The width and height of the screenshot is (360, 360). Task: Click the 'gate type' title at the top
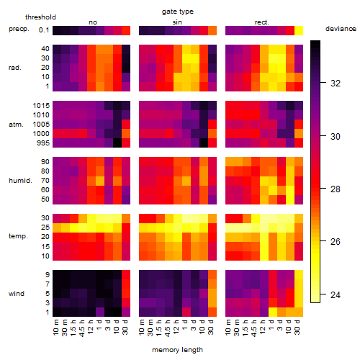coord(178,12)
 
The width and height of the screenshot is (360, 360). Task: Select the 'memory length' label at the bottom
coord(177,350)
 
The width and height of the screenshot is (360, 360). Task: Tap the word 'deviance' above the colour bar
coord(341,29)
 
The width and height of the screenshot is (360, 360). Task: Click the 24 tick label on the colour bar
coord(336,294)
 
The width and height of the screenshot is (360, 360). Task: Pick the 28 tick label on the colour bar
coord(336,189)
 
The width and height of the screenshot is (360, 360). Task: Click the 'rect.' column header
coord(261,22)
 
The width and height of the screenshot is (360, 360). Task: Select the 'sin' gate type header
coord(177,22)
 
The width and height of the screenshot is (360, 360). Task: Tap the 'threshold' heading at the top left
coord(40,17)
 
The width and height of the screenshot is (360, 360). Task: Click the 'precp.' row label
coord(19,29)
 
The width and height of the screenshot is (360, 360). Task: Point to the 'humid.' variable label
coord(20,181)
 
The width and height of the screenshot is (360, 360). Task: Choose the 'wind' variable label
coord(17,294)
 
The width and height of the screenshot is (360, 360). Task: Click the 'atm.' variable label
coord(16,125)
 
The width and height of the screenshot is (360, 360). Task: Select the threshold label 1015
coord(41,106)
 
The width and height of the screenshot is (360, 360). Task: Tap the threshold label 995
coord(43,143)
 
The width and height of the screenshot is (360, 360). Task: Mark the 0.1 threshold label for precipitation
coord(44,30)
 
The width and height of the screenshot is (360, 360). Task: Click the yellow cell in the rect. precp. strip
coord(299,30)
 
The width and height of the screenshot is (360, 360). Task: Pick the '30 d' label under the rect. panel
coord(297,328)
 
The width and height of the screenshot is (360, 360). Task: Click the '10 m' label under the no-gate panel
coord(55,328)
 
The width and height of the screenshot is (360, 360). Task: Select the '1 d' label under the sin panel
coord(185,325)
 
